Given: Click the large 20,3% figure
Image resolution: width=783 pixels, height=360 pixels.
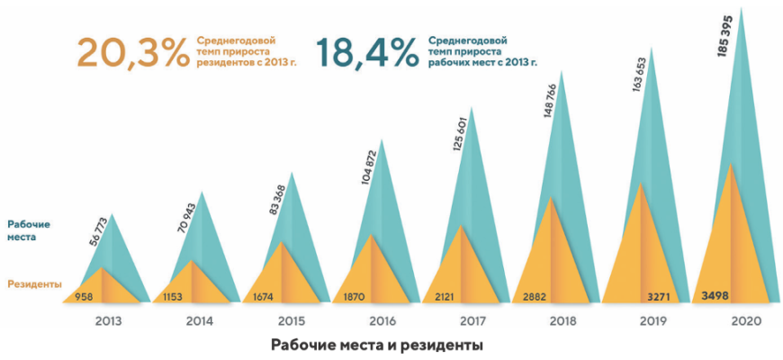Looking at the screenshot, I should pos(130,53).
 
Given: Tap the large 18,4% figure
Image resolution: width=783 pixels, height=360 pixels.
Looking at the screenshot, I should pos(367,53).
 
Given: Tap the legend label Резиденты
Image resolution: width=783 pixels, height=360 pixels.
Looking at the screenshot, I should pos(33,283).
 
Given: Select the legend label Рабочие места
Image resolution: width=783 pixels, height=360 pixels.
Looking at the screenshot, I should pos(29,230).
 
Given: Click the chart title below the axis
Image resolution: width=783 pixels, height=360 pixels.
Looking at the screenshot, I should pos(377,345).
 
